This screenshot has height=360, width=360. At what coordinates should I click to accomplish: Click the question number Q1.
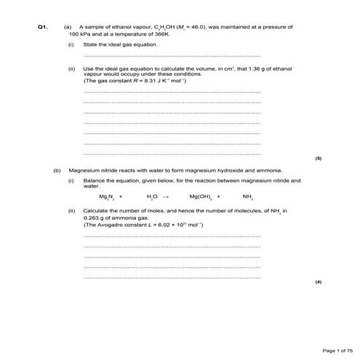point(42,27)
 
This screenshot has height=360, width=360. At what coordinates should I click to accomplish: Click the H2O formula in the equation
point(152,196)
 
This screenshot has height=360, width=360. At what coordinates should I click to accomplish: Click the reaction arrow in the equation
point(166,196)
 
